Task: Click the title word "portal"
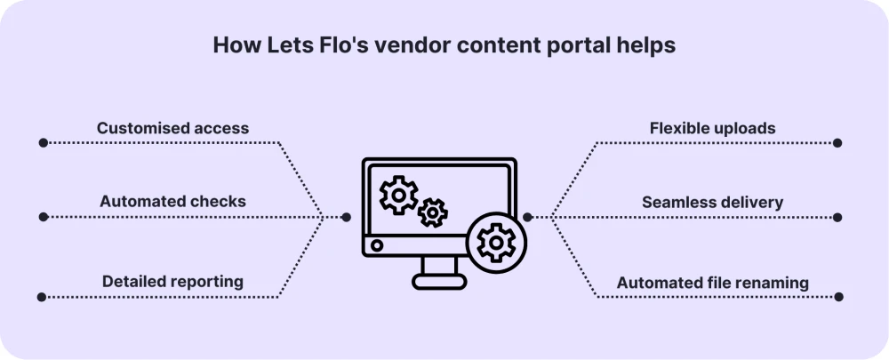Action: pyautogui.click(x=565, y=46)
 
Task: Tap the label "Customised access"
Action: pyautogui.click(x=172, y=128)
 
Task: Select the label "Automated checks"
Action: pyautogui.click(x=172, y=202)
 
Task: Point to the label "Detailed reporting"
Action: pyautogui.click(x=172, y=282)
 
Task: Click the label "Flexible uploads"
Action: pyautogui.click(x=711, y=128)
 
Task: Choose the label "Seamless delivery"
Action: pyautogui.click(x=712, y=203)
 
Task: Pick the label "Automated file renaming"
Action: pyautogui.click(x=712, y=284)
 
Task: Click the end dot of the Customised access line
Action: pyautogui.click(x=43, y=142)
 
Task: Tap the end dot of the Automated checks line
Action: pyautogui.click(x=43, y=217)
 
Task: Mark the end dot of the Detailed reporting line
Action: pyautogui.click(x=43, y=297)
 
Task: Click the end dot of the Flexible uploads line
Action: pyautogui.click(x=837, y=142)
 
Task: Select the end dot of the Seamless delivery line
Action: pyautogui.click(x=837, y=217)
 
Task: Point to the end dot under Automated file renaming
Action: pyautogui.click(x=837, y=297)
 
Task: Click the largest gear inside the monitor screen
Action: pyautogui.click(x=398, y=195)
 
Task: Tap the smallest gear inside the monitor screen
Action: pyautogui.click(x=433, y=212)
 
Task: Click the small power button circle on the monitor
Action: pyautogui.click(x=377, y=244)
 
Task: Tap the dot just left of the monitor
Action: pyautogui.click(x=347, y=217)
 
